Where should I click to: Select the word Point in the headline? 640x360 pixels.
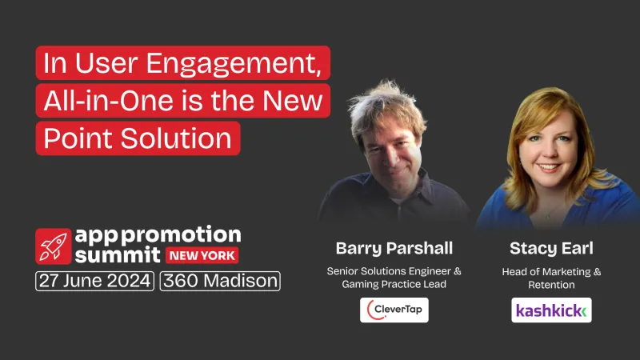click(77, 137)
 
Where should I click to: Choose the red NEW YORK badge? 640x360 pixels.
click(202, 256)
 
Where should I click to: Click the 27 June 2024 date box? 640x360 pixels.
click(94, 282)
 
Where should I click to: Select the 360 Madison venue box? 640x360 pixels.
click(220, 282)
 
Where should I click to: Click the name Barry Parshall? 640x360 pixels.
click(394, 247)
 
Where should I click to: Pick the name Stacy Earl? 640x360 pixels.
click(551, 247)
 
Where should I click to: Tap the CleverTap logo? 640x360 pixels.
click(394, 310)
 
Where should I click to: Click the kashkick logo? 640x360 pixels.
click(551, 310)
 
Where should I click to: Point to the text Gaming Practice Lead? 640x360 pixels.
click(394, 286)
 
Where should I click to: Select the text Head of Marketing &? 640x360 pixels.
click(551, 271)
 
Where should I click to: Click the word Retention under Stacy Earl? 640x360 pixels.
click(551, 286)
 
